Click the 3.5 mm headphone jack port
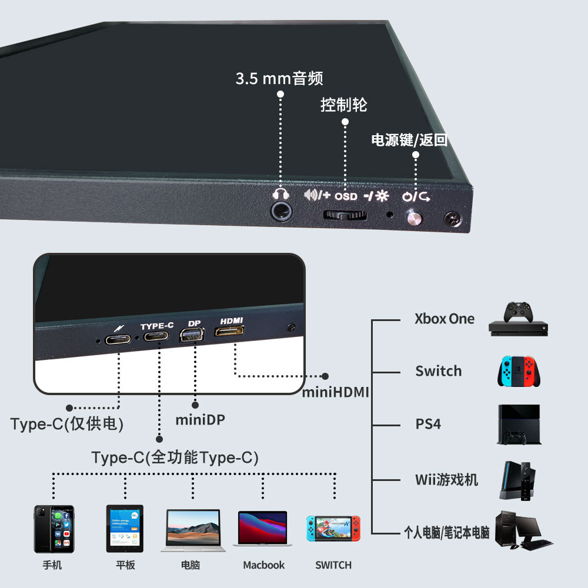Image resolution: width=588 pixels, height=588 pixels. point(281,211)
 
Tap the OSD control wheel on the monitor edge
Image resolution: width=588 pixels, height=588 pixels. point(345,215)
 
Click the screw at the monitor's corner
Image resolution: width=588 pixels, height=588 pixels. point(452,220)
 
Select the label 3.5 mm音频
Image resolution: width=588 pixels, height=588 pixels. point(279,78)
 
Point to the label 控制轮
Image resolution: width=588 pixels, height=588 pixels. point(344,105)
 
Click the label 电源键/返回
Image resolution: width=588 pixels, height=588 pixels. point(409,140)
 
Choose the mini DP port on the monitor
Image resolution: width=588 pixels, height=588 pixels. point(192,336)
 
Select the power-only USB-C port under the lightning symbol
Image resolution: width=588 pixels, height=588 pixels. point(118,339)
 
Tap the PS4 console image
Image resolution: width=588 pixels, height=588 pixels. point(516,424)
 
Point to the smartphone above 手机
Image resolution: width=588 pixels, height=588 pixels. point(54,529)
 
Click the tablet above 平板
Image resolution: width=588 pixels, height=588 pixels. point(125,528)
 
